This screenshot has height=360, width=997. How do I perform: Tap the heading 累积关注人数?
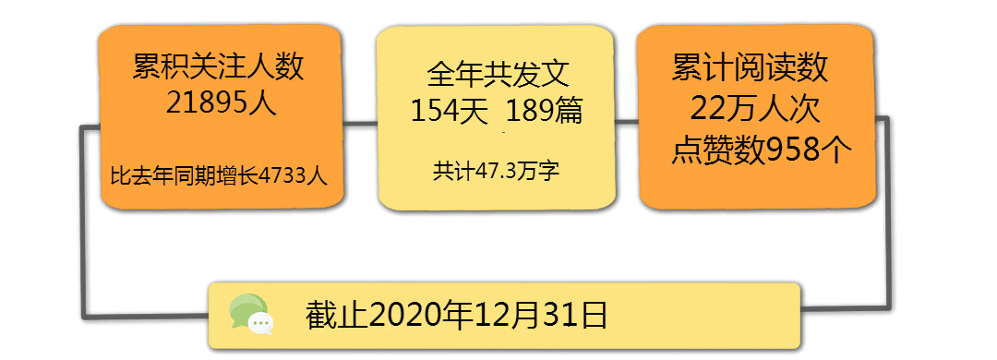[x=219, y=66]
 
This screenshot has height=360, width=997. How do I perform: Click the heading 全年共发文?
[x=497, y=75]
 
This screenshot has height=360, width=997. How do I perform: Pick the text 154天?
[x=450, y=112]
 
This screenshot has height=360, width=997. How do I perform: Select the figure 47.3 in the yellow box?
[x=496, y=171]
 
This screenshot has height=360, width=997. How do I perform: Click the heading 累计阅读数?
[x=751, y=67]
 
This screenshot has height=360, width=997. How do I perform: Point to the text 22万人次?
[x=755, y=110]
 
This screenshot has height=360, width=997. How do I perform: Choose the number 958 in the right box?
[x=792, y=150]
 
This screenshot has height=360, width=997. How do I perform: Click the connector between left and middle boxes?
[x=359, y=122]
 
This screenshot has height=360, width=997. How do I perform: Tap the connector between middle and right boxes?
[x=626, y=121]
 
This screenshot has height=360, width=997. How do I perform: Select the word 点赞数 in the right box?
[x=718, y=150]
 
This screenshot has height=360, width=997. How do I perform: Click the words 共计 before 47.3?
[x=453, y=171]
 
